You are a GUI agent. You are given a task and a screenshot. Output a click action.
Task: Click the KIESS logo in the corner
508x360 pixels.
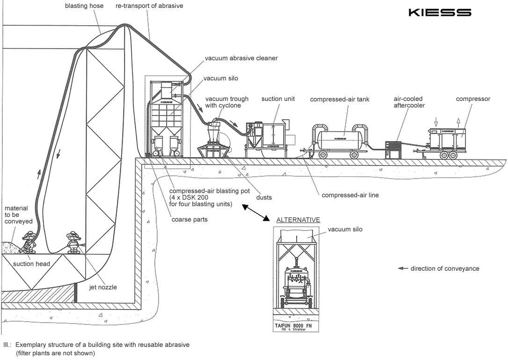click(x=440, y=13)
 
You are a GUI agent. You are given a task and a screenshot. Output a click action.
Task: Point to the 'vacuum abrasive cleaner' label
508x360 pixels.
click(x=241, y=58)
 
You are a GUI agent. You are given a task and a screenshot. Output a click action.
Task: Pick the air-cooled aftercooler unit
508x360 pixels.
click(x=393, y=149)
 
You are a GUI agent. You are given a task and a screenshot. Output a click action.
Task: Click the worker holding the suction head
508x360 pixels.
click(x=30, y=242)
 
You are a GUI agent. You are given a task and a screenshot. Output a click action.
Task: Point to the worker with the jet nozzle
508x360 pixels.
click(x=72, y=242)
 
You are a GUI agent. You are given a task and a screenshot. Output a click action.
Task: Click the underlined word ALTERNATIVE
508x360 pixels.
click(x=298, y=220)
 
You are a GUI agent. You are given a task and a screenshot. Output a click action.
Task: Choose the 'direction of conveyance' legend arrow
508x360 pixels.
click(x=402, y=268)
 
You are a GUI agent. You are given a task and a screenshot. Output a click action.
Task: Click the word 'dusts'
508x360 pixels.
click(x=264, y=197)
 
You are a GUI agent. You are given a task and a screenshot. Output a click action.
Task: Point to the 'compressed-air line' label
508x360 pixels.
click(x=350, y=195)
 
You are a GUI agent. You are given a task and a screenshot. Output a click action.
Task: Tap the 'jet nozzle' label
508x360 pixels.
click(x=102, y=287)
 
